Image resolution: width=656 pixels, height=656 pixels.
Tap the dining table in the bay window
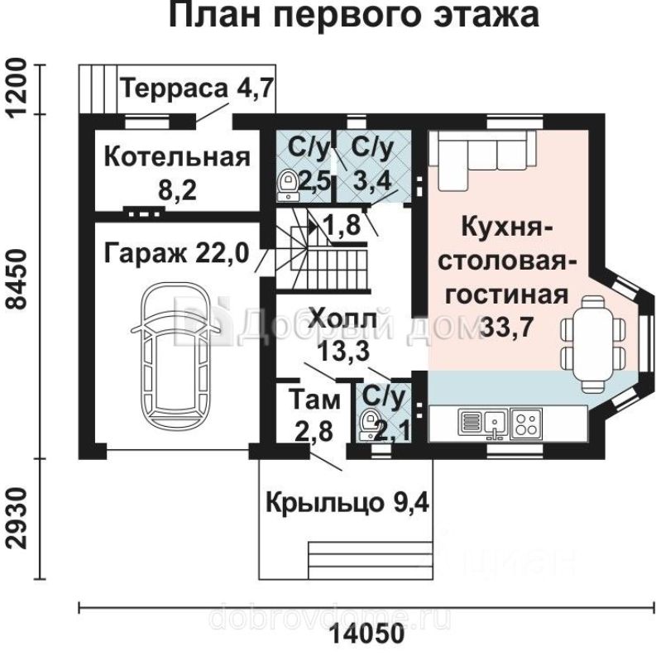(x=593, y=344)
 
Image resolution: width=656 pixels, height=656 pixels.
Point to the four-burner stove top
(x=526, y=424)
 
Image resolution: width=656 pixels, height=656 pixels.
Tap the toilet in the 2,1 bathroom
(x=369, y=424)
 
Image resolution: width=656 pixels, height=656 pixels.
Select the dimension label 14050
(x=368, y=633)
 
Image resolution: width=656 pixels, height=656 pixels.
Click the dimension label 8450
(x=17, y=280)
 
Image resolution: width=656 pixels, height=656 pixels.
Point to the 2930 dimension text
(x=17, y=519)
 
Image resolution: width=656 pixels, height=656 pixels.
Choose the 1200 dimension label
(x=17, y=89)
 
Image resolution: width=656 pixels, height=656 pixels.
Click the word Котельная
(x=177, y=157)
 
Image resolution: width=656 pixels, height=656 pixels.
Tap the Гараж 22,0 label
(x=176, y=253)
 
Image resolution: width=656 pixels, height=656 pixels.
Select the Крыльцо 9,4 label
(x=347, y=503)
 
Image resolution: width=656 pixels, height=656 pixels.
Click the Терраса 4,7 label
(x=197, y=89)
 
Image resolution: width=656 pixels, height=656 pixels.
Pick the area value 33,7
(x=507, y=326)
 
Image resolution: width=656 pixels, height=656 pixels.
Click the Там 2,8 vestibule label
(x=314, y=414)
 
